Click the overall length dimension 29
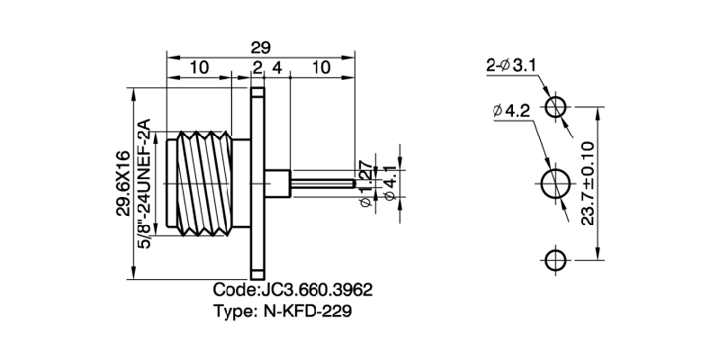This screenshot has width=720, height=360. coord(260,46)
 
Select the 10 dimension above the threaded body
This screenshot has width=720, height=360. coord(199,67)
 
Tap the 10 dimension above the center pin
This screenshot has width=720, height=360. coord(320,67)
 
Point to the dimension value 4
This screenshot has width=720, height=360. coord(277,67)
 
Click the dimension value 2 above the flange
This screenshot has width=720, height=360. coord(257,67)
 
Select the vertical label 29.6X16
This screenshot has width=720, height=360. coord(122,184)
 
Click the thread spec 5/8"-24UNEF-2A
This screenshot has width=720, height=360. coord(144,184)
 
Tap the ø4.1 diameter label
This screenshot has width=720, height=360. coord(389,184)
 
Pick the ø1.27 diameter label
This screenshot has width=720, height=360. coord(365,184)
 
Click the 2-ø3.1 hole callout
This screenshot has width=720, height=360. coord(511,65)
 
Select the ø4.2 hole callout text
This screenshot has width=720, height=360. coord(511,112)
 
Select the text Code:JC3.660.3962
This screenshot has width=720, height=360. coord(292,292)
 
